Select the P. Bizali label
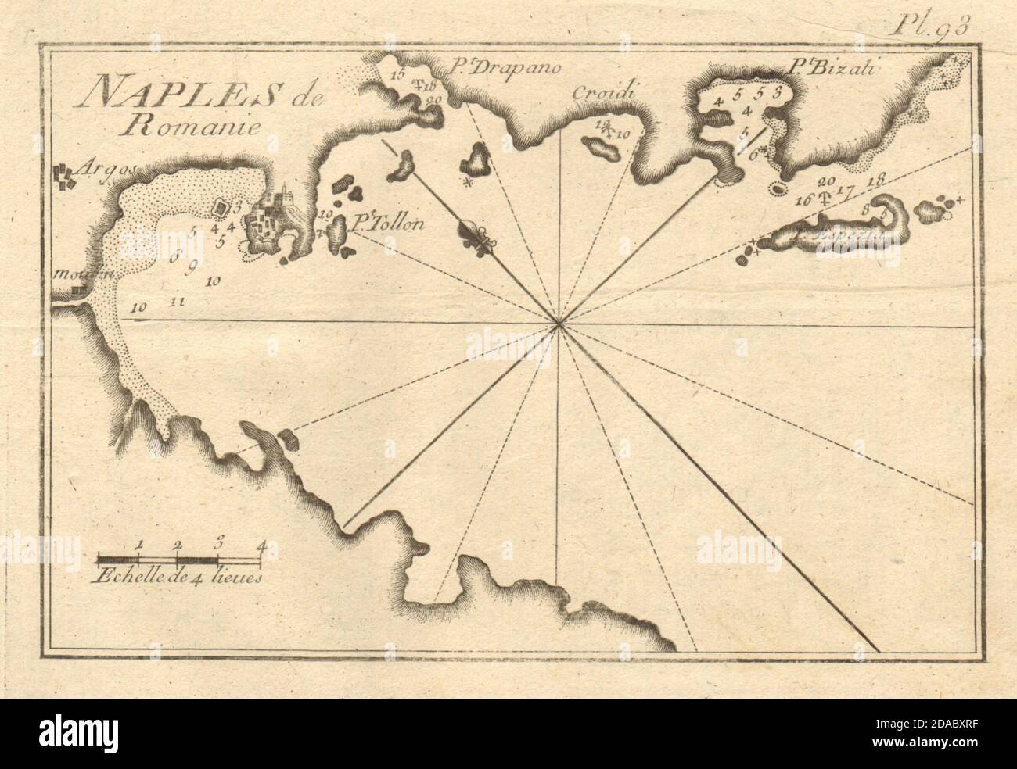click(833, 69)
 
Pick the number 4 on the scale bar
click(259, 545)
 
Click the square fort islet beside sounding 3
click(222, 207)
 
